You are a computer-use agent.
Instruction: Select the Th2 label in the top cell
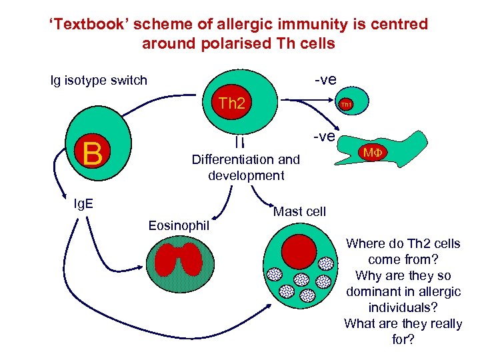click(233, 103)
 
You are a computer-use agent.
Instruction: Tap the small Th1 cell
click(345, 104)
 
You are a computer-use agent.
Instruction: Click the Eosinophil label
click(179, 226)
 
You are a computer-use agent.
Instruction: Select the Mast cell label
click(299, 211)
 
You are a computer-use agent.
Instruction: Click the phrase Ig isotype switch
click(99, 81)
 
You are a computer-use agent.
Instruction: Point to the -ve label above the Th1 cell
click(325, 80)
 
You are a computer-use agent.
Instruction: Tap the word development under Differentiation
click(246, 176)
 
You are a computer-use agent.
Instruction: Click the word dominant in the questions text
click(375, 291)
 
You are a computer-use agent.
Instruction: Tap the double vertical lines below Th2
click(237, 141)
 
